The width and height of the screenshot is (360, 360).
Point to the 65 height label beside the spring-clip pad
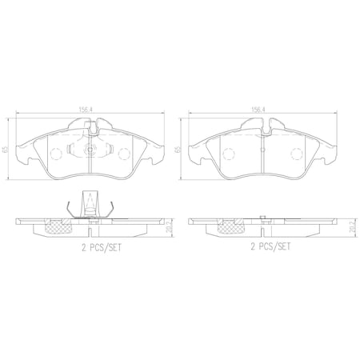click(x=6, y=150)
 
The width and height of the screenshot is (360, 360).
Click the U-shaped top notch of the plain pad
click(x=261, y=125)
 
